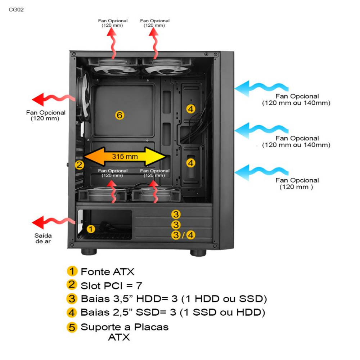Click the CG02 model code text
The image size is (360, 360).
point(16,9)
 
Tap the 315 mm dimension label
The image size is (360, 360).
point(125,157)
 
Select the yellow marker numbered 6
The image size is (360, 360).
point(120,115)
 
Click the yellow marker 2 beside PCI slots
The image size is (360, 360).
point(80,165)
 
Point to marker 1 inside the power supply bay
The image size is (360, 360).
point(91,228)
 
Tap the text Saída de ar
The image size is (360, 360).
point(43,238)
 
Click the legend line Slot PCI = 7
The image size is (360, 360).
point(111,285)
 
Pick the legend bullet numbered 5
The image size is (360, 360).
point(72,328)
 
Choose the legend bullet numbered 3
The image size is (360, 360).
point(72,299)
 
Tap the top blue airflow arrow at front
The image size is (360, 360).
point(261,87)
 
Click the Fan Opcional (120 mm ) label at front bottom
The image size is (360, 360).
point(297,184)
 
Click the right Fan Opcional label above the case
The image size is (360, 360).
point(155,23)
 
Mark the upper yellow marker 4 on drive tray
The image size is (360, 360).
point(191,108)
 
